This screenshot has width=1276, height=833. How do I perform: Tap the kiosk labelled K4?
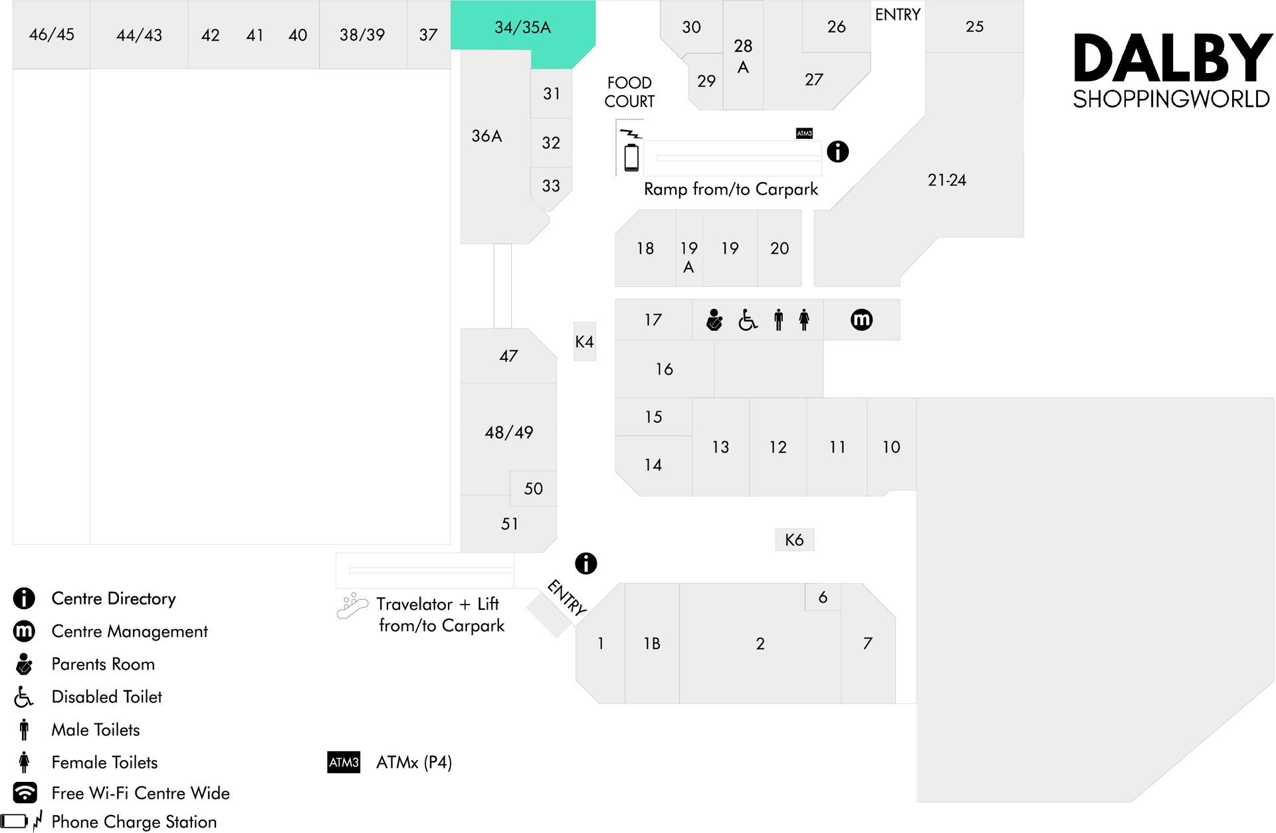pyautogui.click(x=584, y=341)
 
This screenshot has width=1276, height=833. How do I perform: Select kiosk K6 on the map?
pyautogui.click(x=794, y=539)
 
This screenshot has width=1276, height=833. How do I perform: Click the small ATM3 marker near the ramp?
pyautogui.click(x=804, y=134)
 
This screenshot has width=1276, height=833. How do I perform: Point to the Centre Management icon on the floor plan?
pyautogui.click(x=861, y=320)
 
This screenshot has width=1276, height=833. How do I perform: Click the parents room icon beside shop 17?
pyautogui.click(x=714, y=320)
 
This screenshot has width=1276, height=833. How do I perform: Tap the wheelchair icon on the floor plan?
pyautogui.click(x=748, y=320)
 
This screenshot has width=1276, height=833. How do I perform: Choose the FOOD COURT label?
pyautogui.click(x=629, y=92)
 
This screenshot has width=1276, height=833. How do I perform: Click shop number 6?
pyautogui.click(x=823, y=597)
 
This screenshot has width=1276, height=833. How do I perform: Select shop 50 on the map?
pyautogui.click(x=533, y=488)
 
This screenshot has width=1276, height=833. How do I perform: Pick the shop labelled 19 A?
pyautogui.click(x=689, y=248)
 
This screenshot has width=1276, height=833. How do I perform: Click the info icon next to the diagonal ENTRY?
pyautogui.click(x=585, y=563)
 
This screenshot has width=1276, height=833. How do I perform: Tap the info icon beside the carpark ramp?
pyautogui.click(x=837, y=151)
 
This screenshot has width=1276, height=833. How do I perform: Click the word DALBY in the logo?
pyautogui.click(x=1172, y=58)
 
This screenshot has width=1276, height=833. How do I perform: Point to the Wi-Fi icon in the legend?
pyautogui.click(x=25, y=792)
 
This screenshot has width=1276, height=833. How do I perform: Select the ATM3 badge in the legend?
pyautogui.click(x=344, y=762)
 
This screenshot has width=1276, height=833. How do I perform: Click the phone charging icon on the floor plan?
pyautogui.click(x=631, y=150)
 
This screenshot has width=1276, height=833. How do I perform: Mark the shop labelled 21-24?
pyautogui.click(x=946, y=180)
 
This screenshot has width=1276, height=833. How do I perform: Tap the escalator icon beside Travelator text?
pyautogui.click(x=352, y=606)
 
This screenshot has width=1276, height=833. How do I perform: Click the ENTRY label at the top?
pyautogui.click(x=897, y=15)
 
